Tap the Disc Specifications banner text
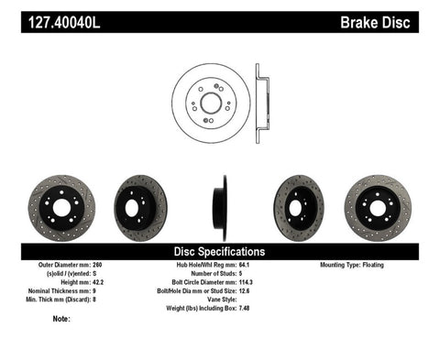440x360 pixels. coord(220,251)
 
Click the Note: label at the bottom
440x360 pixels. coord(62,319)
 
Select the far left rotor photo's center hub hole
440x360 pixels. coord(62,207)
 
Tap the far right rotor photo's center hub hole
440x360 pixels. coord(378,206)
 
